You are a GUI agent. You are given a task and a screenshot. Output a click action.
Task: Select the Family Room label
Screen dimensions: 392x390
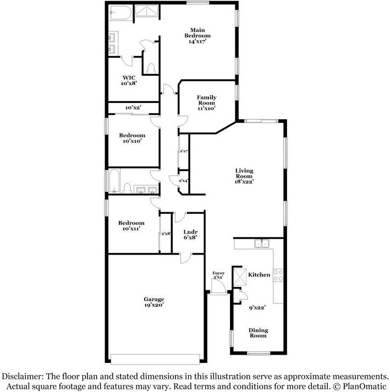tap(207, 103)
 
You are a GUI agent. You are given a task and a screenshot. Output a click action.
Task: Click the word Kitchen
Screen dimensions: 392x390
tap(259, 274)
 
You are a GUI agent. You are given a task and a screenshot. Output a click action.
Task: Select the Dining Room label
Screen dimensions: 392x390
tap(258, 333)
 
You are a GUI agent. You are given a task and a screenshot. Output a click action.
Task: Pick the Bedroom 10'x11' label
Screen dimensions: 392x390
tap(131, 225)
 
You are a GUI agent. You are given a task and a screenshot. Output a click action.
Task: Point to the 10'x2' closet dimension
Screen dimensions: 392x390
tap(133, 108)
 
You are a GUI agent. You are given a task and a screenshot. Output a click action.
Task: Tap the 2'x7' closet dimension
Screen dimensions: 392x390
tap(184, 151)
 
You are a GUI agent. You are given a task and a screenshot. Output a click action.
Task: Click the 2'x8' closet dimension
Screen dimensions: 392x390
tap(166, 234)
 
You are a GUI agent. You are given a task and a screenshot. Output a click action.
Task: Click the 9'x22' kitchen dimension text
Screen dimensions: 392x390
tap(257, 308)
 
